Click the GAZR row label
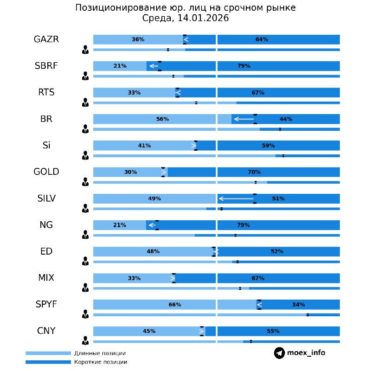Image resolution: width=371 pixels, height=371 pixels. pos(46,39)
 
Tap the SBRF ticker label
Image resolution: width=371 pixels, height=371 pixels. pos(46,66)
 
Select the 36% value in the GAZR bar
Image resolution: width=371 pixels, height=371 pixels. pos(138,40)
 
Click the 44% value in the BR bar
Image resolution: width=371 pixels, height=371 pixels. pos(286,119)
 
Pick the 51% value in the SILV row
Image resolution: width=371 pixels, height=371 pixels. pos(278,198)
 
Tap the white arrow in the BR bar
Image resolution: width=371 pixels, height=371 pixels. pos(243,119)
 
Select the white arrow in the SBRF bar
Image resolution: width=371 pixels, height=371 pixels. pos(154,66)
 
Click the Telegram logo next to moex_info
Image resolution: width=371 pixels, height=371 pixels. pos(279,353)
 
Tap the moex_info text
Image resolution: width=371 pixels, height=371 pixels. pos(306,353)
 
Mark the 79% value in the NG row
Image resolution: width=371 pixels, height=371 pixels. pos(243,225)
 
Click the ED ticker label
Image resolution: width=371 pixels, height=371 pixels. pos(46,251)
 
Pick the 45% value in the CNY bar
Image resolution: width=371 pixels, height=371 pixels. pos(149,331)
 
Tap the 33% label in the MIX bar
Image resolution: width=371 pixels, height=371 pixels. pos(134,278)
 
